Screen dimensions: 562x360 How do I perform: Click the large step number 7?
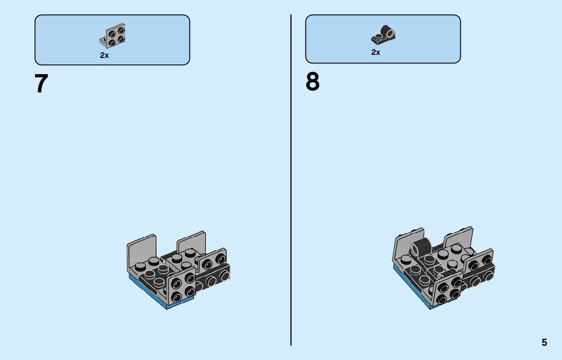click(x=41, y=84)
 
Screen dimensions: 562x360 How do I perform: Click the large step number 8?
click(x=313, y=82)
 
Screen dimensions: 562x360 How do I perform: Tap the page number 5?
click(x=544, y=342)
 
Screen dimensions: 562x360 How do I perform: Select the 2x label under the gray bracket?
click(x=104, y=55)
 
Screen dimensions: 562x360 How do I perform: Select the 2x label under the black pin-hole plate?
click(x=376, y=52)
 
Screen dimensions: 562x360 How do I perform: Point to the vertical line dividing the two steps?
click(x=291, y=178)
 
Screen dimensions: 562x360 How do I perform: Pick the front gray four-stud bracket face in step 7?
click(x=181, y=287)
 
